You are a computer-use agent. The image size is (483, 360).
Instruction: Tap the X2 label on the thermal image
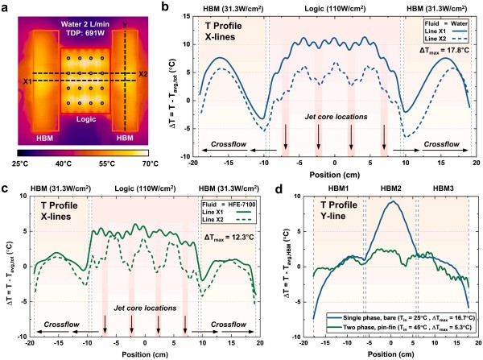(142, 75)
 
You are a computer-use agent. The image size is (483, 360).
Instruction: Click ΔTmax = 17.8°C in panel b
(449, 51)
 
